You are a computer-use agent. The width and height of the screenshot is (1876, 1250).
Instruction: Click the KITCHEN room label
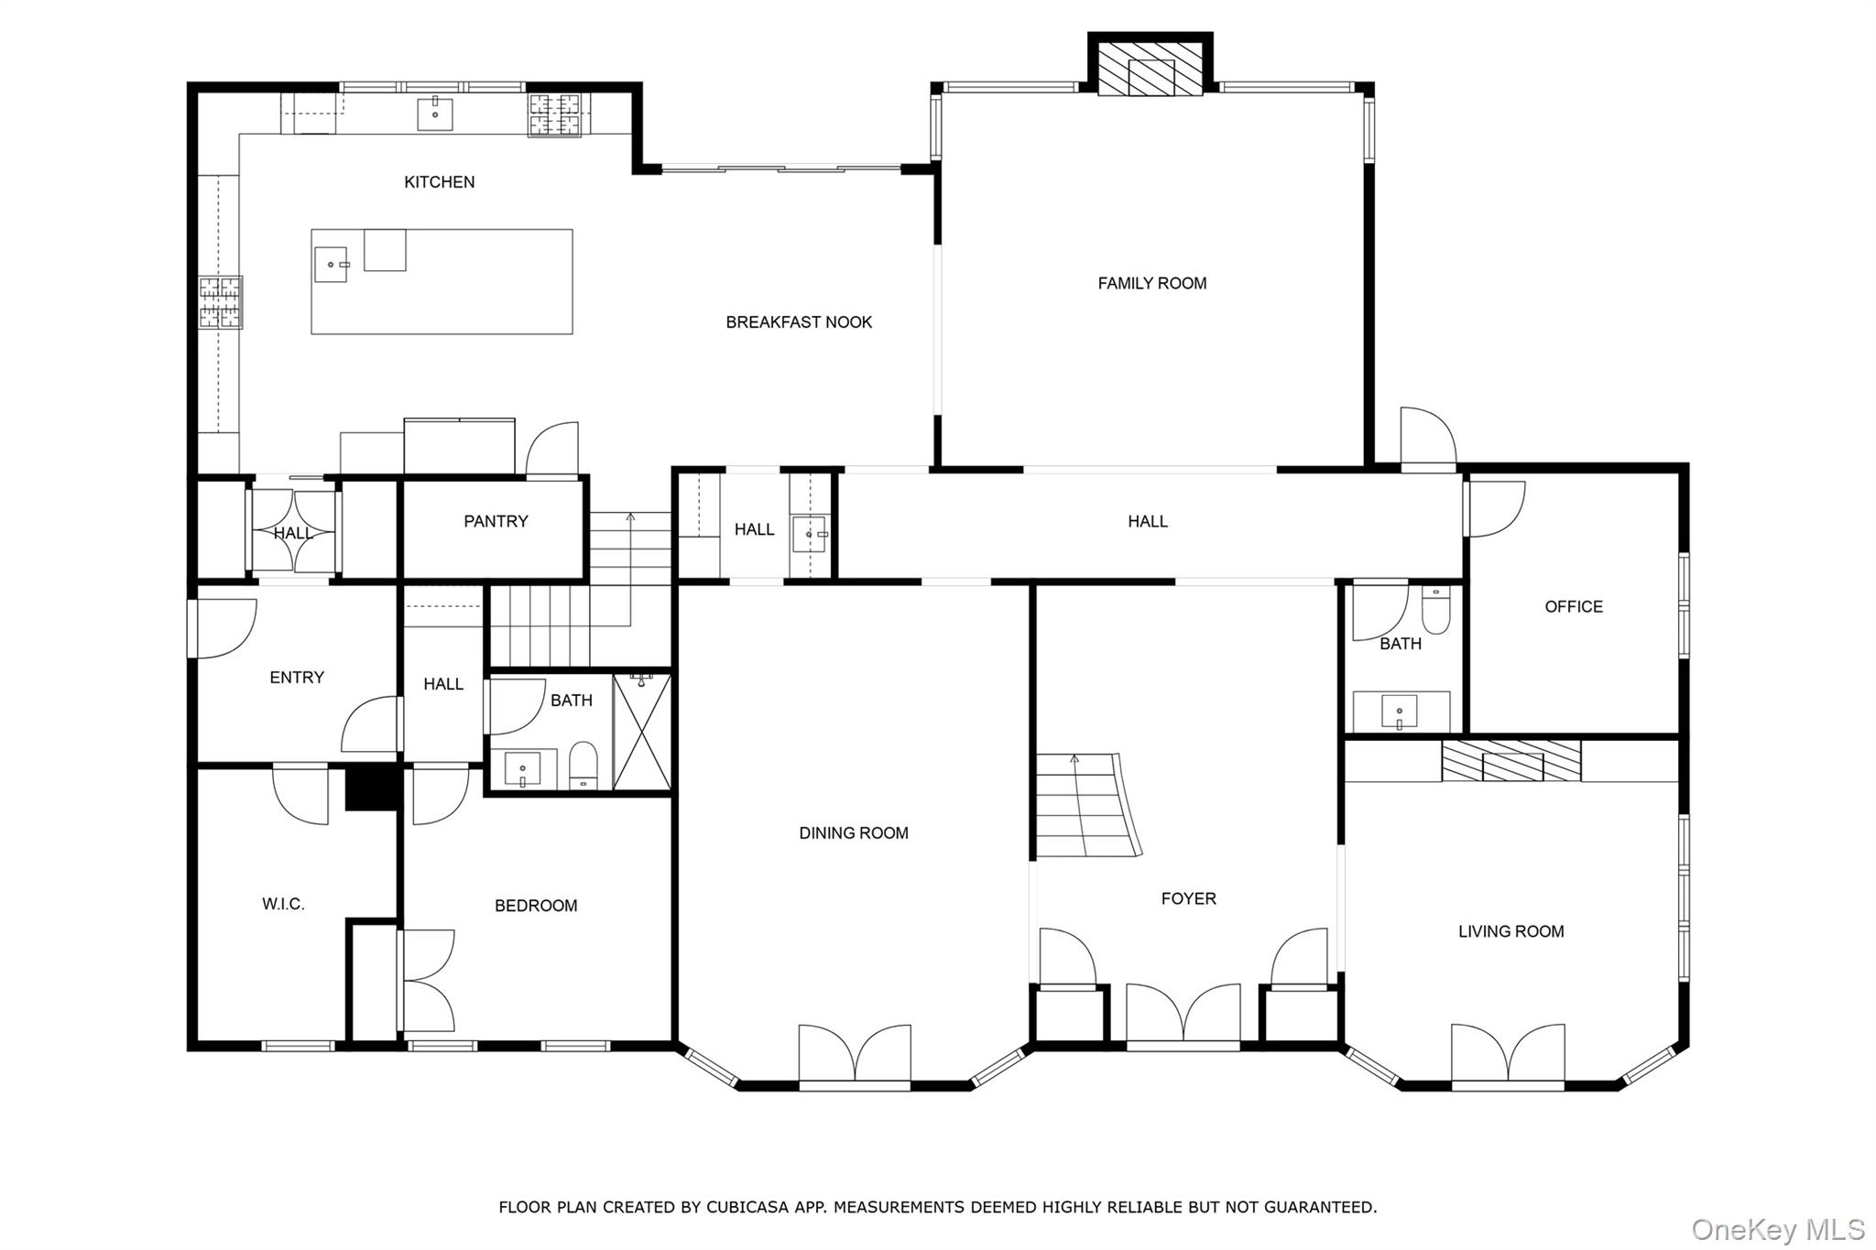point(440,182)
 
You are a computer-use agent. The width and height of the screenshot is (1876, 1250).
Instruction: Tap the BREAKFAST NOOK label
point(799,322)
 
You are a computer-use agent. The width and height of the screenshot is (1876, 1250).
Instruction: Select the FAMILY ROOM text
point(1152,284)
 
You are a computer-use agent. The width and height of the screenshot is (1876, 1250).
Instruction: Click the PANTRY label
point(496,522)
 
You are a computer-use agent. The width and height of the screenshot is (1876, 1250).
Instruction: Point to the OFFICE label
point(1574,607)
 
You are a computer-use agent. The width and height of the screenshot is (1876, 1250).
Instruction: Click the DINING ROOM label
point(854,833)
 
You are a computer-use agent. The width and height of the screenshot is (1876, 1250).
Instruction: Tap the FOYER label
point(1189,899)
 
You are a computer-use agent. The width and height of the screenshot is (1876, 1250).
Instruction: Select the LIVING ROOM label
point(1511,932)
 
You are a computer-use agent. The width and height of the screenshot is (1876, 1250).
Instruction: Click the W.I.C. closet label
point(283,905)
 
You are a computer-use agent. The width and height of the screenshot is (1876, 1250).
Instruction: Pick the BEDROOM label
point(536,907)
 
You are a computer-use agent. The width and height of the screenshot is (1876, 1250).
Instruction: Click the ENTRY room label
point(297,678)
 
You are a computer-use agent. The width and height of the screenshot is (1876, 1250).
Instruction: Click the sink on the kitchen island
point(332,265)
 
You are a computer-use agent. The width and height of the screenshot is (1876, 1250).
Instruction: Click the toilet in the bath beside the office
point(1435,610)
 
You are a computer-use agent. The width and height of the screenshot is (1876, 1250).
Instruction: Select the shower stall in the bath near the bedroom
point(641,731)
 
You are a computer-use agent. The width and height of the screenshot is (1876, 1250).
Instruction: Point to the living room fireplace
point(1511,761)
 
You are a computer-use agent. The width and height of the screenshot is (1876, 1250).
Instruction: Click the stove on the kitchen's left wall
point(221,302)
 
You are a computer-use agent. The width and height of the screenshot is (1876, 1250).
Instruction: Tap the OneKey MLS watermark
point(1777,1229)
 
